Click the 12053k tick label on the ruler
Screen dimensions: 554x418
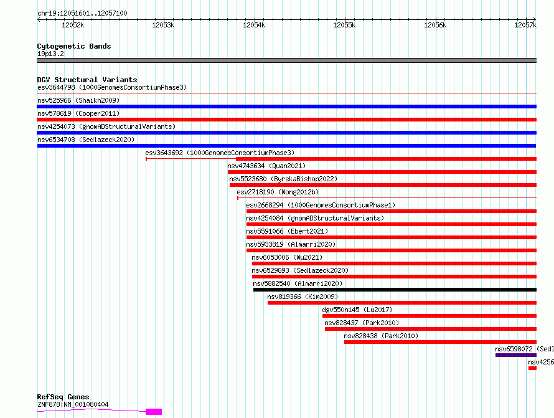click(x=163, y=25)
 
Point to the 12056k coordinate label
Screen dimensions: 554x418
click(x=435, y=25)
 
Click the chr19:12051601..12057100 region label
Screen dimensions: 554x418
click(x=82, y=14)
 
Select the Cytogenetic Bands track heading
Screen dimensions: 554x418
click(x=74, y=46)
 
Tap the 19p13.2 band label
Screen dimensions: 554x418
click(x=50, y=54)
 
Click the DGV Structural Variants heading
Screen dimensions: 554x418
click(x=87, y=80)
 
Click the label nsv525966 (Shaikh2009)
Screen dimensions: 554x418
click(x=78, y=100)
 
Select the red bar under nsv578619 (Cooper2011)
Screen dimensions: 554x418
click(x=286, y=120)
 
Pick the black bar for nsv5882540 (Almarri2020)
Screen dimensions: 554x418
click(x=395, y=290)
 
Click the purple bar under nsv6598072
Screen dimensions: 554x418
click(x=516, y=355)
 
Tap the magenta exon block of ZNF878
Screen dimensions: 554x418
click(x=154, y=412)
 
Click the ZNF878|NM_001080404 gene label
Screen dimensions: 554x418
click(x=73, y=404)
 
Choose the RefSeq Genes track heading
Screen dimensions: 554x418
click(x=63, y=397)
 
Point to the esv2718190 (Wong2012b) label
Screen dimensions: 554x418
click(x=278, y=192)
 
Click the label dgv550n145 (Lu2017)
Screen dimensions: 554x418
click(x=357, y=310)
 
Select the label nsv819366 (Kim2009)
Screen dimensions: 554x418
click(x=303, y=297)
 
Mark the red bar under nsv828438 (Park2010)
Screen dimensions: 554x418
click(x=440, y=342)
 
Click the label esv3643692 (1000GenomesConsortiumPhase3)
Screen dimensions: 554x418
click(x=220, y=153)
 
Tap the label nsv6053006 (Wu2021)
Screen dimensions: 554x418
click(x=287, y=257)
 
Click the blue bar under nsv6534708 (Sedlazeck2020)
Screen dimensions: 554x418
click(x=286, y=146)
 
